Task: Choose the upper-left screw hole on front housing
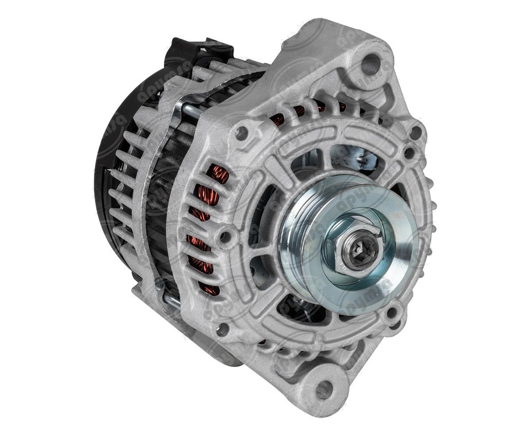coord(241,133)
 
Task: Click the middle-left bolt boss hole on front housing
coord(225,238)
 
